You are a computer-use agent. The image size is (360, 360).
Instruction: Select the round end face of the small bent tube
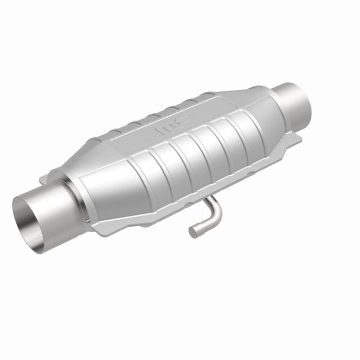pos(193,231)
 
